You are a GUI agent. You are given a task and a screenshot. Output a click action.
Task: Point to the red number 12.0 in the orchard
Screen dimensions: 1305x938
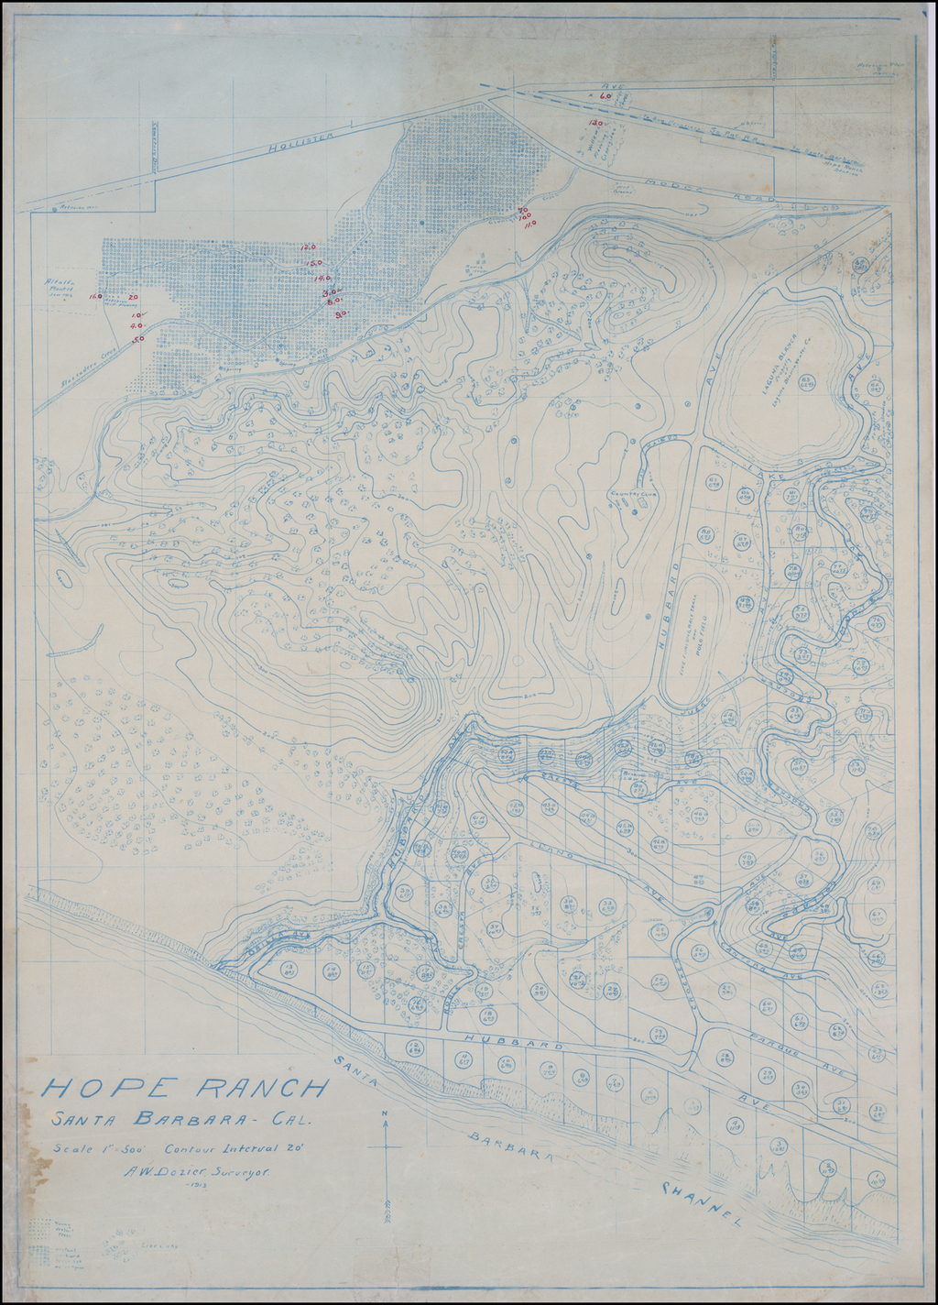[308, 247]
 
